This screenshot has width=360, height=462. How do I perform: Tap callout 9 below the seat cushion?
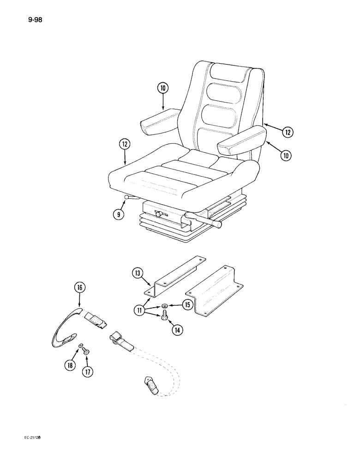click(x=119, y=214)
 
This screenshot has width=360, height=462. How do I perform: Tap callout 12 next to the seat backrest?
click(x=288, y=132)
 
